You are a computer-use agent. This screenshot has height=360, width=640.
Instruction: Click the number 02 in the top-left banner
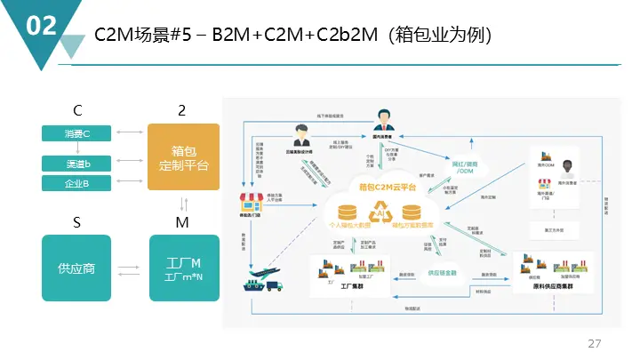[42, 26]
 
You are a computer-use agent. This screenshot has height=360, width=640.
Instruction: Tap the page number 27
[595, 343]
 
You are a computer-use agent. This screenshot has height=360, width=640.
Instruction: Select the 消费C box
[76, 133]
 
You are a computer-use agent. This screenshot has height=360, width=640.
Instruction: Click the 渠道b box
[76, 164]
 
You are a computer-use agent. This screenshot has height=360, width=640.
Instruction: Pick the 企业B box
[76, 183]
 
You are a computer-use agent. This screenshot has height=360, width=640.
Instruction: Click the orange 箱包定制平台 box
[183, 157]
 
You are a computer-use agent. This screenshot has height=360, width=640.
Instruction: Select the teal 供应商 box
[76, 267]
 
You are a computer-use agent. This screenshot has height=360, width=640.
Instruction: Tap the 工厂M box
[183, 267]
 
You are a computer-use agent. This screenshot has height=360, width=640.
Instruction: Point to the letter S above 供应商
[78, 222]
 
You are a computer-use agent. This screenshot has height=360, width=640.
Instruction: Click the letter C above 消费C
[78, 111]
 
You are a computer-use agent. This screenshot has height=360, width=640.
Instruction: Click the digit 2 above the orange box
[182, 111]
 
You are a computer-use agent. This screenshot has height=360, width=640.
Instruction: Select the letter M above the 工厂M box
[182, 222]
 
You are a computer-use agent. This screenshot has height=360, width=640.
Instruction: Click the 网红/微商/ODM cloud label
[465, 169]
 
